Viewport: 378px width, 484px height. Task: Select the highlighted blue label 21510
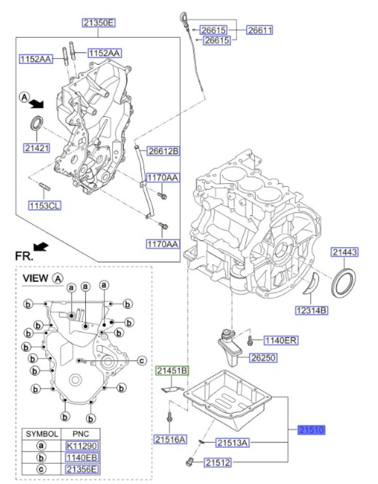pyautogui.click(x=311, y=429)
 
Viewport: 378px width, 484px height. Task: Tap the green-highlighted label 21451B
pyautogui.click(x=172, y=372)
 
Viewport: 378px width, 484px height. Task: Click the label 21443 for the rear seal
pyautogui.click(x=345, y=252)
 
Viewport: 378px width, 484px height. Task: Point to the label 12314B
pyautogui.click(x=312, y=310)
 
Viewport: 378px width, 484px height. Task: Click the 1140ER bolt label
pyautogui.click(x=280, y=341)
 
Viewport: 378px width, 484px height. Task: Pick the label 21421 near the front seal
pyautogui.click(x=37, y=148)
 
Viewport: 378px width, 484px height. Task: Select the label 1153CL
pyautogui.click(x=44, y=205)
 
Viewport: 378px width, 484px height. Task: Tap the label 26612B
pyautogui.click(x=163, y=151)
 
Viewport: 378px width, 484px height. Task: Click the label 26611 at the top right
pyautogui.click(x=260, y=30)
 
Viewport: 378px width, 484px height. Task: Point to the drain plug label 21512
pyautogui.click(x=216, y=463)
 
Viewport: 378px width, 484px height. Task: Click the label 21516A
pyautogui.click(x=170, y=439)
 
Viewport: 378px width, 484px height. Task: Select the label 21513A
pyautogui.click(x=232, y=442)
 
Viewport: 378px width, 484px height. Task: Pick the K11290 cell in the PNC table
pyautogui.click(x=80, y=446)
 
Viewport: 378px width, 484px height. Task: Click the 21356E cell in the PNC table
pyautogui.click(x=80, y=469)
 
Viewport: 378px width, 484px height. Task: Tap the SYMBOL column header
pyautogui.click(x=42, y=434)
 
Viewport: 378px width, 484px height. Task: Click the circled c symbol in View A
pyautogui.click(x=142, y=360)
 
